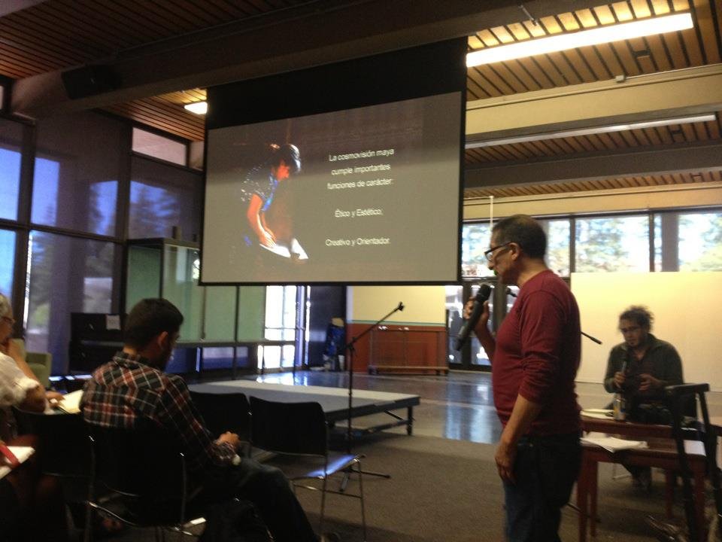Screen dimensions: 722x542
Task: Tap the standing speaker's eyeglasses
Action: tap(495, 251)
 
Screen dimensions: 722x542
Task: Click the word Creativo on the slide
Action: tap(336, 242)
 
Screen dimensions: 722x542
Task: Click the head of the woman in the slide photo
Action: tap(286, 158)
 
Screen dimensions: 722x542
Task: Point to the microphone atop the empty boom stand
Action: tap(399, 306)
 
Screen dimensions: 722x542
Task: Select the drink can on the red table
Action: tap(619, 406)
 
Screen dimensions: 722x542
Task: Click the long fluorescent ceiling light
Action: tap(579, 38)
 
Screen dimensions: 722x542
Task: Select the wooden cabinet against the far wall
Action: tap(407, 349)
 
